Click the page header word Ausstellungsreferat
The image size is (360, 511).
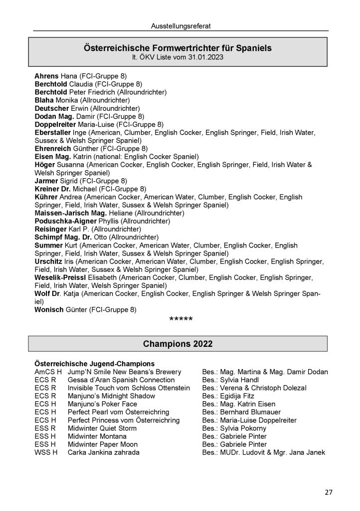(180, 24)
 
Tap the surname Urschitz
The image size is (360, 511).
(48, 261)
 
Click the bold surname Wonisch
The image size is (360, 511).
(49, 310)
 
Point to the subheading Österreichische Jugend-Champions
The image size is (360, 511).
(94, 364)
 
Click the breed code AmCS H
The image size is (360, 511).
(48, 372)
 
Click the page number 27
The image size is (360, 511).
(328, 493)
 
